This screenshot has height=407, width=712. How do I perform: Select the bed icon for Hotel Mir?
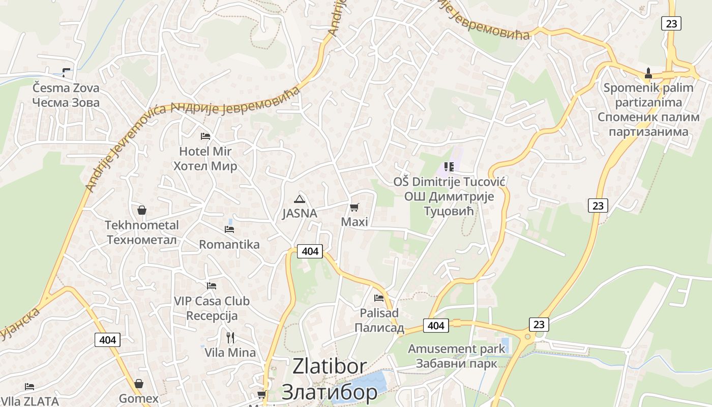[205, 136]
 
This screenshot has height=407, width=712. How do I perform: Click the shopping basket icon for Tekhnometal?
[142, 210]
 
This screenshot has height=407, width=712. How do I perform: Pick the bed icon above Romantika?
[229, 229]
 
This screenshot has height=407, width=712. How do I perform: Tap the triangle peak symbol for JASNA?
[300, 199]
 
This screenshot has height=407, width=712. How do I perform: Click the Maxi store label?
[354, 222]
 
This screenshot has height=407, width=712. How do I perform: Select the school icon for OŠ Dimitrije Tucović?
[449, 166]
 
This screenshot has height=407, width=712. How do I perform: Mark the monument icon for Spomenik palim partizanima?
[648, 73]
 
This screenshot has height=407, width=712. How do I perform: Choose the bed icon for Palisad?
[378, 298]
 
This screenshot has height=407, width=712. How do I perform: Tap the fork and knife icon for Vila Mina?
[230, 337]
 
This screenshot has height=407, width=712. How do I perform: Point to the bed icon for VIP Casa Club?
[212, 286]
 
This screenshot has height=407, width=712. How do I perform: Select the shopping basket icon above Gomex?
[139, 384]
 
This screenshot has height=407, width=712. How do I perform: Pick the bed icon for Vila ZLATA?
[29, 387]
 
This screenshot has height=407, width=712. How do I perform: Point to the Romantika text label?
[229, 244]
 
